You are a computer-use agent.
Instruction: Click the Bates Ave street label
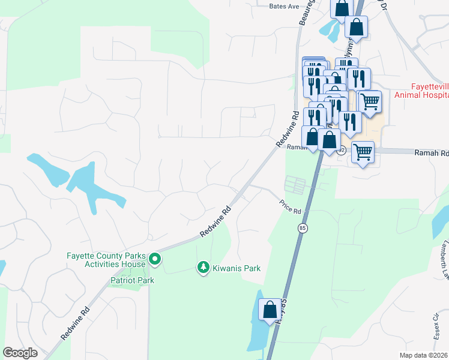pyautogui.click(x=284, y=6)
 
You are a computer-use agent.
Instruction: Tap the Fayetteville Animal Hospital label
pyautogui.click(x=421, y=90)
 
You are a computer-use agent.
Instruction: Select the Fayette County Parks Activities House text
pyautogui.click(x=106, y=260)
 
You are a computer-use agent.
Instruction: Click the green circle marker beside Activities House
pyautogui.click(x=155, y=259)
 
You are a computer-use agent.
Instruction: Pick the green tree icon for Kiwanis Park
pyautogui.click(x=203, y=268)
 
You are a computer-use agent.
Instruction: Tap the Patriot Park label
pyautogui.click(x=132, y=280)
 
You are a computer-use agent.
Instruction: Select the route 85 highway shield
pyautogui.click(x=302, y=228)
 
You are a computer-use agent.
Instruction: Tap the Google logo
pyautogui.click(x=20, y=353)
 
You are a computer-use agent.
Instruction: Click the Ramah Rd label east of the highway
pyautogui.click(x=431, y=154)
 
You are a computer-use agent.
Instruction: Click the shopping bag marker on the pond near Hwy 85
pyautogui.click(x=270, y=310)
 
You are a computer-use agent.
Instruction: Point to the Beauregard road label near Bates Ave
pyautogui.click(x=307, y=12)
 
